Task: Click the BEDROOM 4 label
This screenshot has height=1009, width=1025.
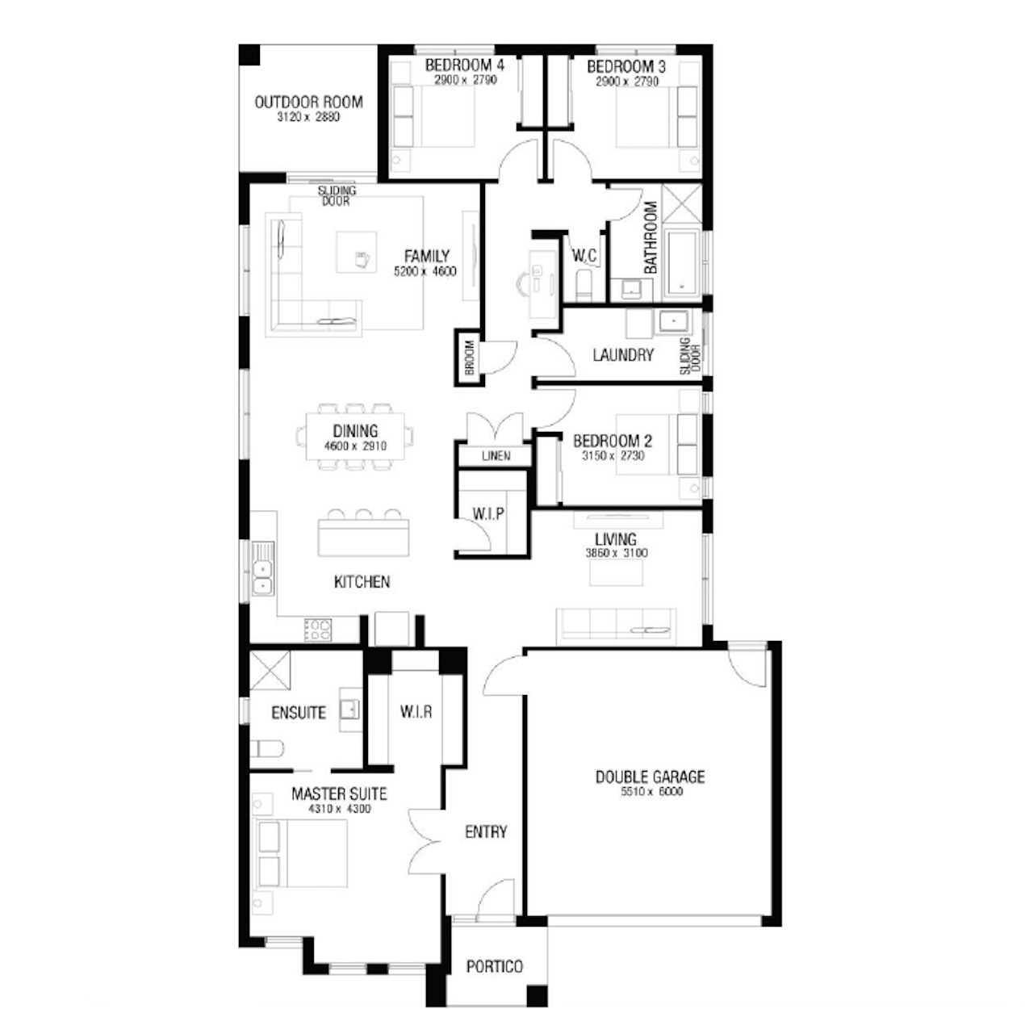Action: pos(464,65)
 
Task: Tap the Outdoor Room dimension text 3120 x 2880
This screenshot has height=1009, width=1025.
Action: pos(308,117)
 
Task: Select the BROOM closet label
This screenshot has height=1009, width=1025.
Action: pos(469,357)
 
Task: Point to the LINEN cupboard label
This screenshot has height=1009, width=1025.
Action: pos(496,455)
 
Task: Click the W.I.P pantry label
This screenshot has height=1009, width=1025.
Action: pos(487,514)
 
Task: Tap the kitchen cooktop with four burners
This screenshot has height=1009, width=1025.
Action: pos(317,630)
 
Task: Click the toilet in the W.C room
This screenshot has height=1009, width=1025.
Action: pos(584,285)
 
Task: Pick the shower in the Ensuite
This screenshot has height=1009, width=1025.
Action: pos(270,670)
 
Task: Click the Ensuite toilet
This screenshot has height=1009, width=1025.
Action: pos(266,749)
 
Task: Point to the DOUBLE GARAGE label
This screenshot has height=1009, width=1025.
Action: pos(650,777)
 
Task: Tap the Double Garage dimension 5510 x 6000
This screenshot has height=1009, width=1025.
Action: pos(651,792)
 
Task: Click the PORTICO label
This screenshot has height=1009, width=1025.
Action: pos(494,966)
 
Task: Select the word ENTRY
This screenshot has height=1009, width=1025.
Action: pos(486,831)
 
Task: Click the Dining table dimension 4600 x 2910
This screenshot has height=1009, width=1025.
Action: pos(355,446)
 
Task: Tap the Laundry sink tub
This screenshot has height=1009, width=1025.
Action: pos(673,323)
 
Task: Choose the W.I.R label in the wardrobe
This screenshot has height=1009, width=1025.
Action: pos(416,712)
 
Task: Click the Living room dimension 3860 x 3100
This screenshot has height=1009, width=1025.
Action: pos(616,553)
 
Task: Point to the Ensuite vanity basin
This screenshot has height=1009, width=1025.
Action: pos(350,710)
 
